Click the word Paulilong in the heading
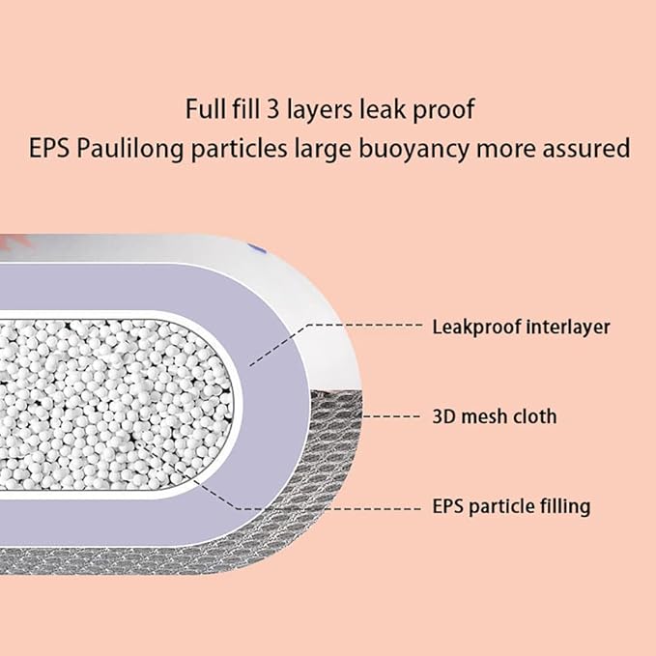(x=130, y=149)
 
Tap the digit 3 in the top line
(x=273, y=109)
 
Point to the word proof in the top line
(x=443, y=109)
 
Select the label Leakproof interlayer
(x=521, y=327)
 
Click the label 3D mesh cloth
(x=495, y=416)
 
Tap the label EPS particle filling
(x=511, y=506)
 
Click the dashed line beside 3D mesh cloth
(x=391, y=416)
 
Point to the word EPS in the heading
(x=49, y=149)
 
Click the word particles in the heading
(x=240, y=150)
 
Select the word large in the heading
(x=323, y=150)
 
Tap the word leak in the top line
(x=383, y=109)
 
